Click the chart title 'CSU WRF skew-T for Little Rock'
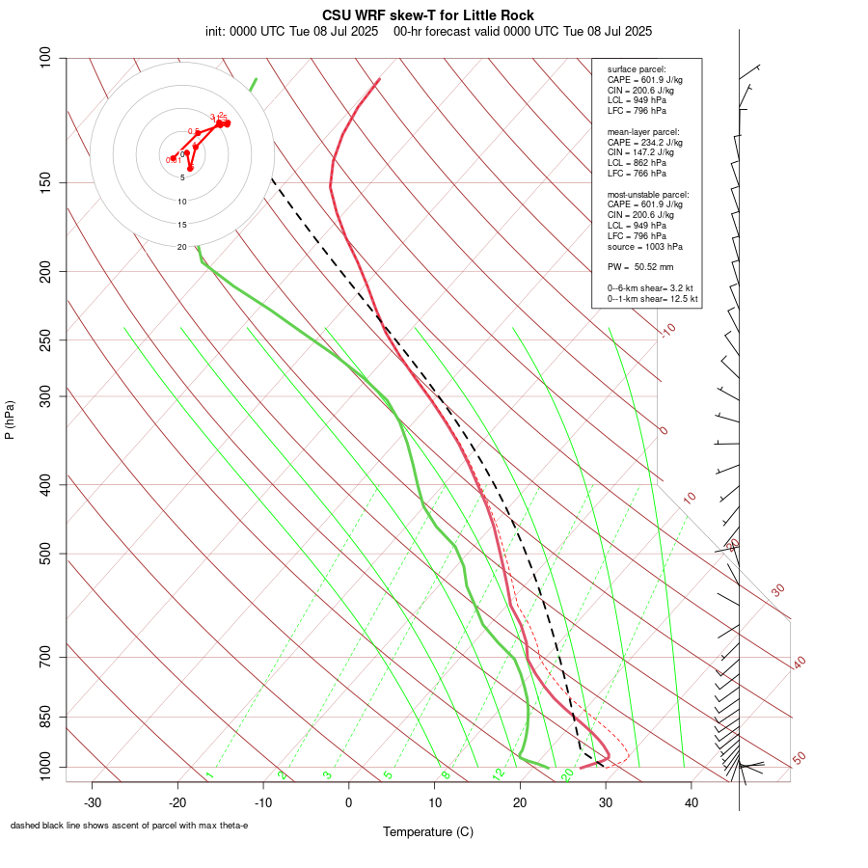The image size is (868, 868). pyautogui.click(x=427, y=15)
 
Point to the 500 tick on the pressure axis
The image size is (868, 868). pyautogui.click(x=46, y=554)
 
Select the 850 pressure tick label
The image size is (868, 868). pyautogui.click(x=46, y=717)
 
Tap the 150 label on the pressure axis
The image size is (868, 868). pyautogui.click(x=46, y=182)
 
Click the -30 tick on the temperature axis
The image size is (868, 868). pyautogui.click(x=93, y=802)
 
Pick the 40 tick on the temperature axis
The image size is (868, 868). pyautogui.click(x=691, y=802)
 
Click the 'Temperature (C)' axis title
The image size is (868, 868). pyautogui.click(x=427, y=831)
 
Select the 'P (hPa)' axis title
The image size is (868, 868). pyautogui.click(x=10, y=420)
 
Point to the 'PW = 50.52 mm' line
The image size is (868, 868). pyautogui.click(x=639, y=267)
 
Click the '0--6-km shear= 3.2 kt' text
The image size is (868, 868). pyautogui.click(x=650, y=288)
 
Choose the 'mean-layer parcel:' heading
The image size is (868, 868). pyautogui.click(x=643, y=131)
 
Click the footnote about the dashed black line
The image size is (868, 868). pyautogui.click(x=129, y=826)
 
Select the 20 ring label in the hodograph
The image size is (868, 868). pyautogui.click(x=181, y=248)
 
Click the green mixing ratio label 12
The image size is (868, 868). pyautogui.click(x=498, y=773)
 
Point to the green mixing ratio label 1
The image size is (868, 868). pyautogui.click(x=209, y=774)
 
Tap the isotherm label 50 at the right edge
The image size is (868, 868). pyautogui.click(x=799, y=758)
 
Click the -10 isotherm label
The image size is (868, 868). pyautogui.click(x=667, y=330)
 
